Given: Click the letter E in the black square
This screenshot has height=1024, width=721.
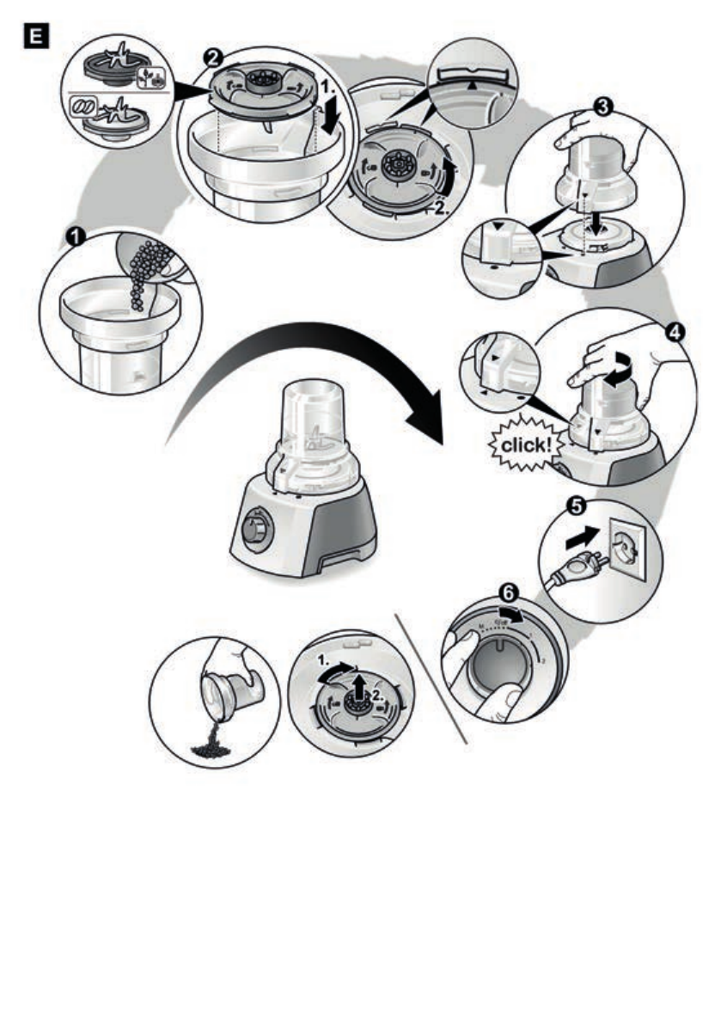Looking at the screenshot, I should coord(37,37).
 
